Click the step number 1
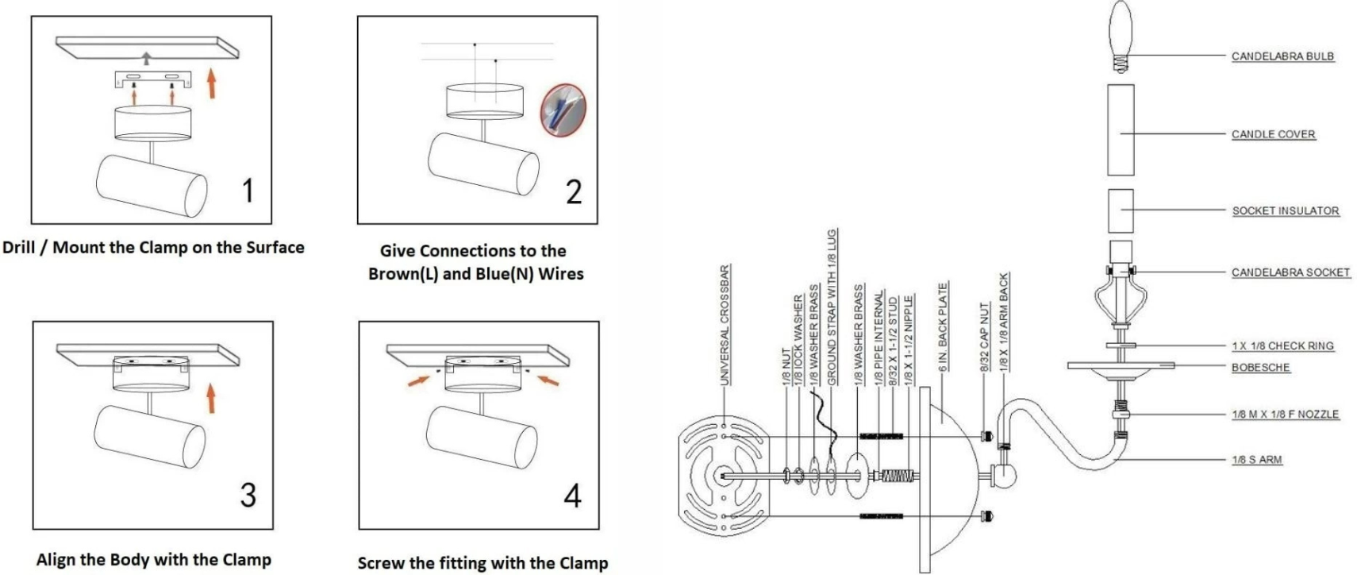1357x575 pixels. point(248,191)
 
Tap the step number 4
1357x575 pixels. point(572,496)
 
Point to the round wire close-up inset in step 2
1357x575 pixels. point(563,110)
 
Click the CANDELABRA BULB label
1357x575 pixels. point(1282,56)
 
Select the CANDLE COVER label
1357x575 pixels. point(1273,134)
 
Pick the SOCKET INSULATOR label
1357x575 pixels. point(1285,210)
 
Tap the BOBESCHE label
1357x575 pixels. point(1260,368)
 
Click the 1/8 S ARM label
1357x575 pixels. point(1256,460)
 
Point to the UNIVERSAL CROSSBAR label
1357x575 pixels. point(725,325)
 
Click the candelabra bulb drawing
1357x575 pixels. point(1120,36)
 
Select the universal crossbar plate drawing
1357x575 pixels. point(724,476)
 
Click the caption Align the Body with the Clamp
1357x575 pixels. point(153,560)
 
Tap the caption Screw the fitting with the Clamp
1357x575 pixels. point(482,563)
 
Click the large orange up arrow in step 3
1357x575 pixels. point(210,398)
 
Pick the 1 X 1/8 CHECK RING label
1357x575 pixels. point(1282,346)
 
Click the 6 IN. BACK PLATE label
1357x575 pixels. point(943,327)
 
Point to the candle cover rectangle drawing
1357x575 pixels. point(1120,129)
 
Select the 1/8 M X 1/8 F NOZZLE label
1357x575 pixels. point(1285,415)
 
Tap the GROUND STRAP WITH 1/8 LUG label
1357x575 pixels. point(832,308)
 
